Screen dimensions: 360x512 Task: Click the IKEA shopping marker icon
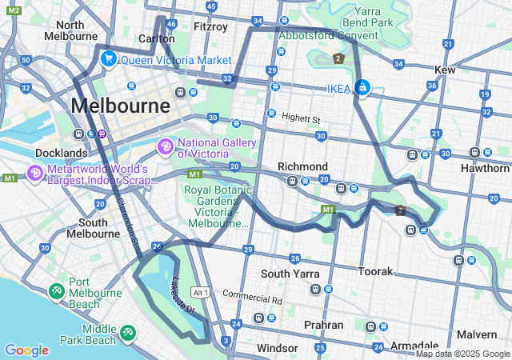pos(362,88)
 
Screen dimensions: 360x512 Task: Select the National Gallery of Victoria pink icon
pos(166,146)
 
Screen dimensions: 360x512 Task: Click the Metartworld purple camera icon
pos(34,173)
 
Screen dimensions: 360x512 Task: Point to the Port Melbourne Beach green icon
pos(57,292)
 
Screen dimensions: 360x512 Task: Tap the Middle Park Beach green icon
pos(128,331)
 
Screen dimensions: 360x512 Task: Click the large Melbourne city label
pos(120,106)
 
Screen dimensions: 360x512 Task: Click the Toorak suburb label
pos(376,272)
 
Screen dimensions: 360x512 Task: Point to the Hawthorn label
pos(485,168)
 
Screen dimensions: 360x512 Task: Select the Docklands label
pos(61,152)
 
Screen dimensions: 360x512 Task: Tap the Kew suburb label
pos(445,70)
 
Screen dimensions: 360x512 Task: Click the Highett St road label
pos(300,118)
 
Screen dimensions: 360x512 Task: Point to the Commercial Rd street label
pos(252,298)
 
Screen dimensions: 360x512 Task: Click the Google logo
pos(26,350)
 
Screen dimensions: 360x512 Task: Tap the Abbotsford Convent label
pos(330,35)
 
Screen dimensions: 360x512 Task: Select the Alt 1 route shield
pos(200,293)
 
